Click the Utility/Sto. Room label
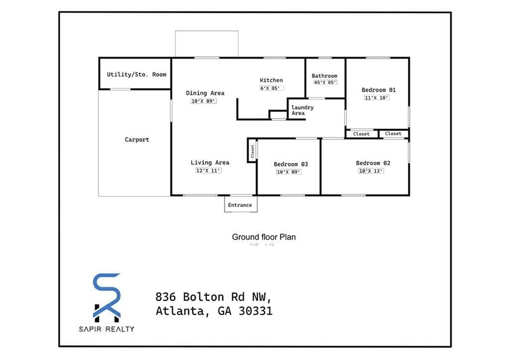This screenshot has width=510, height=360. [x=136, y=75]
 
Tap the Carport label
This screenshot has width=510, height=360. [x=137, y=140]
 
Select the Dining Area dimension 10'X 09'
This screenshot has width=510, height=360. [x=204, y=101]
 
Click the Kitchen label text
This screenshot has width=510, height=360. [x=271, y=80]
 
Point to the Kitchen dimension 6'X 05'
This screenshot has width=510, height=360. [x=271, y=88]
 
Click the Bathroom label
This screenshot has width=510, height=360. [x=324, y=76]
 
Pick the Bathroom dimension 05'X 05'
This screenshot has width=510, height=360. [x=325, y=83]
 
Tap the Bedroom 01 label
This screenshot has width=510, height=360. [x=379, y=90]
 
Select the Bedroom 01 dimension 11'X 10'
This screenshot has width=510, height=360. [x=377, y=98]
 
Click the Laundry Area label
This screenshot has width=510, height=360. [x=302, y=110]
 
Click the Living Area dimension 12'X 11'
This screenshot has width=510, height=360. [x=208, y=171]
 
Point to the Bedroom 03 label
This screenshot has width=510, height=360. [x=291, y=164]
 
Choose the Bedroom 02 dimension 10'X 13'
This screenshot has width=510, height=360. [x=371, y=171]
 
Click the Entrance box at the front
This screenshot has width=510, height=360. [x=240, y=205]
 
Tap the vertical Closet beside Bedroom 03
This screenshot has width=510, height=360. [x=253, y=151]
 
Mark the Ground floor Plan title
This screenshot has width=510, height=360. [x=263, y=237]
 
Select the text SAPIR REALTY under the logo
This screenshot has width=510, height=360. [x=107, y=329]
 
